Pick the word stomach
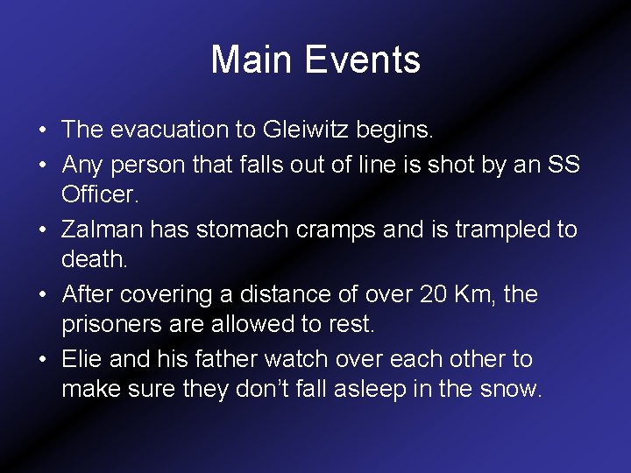(244, 229)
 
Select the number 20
(433, 294)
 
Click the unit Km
(478, 294)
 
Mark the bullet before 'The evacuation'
(42, 131)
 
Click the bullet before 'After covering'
(42, 295)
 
